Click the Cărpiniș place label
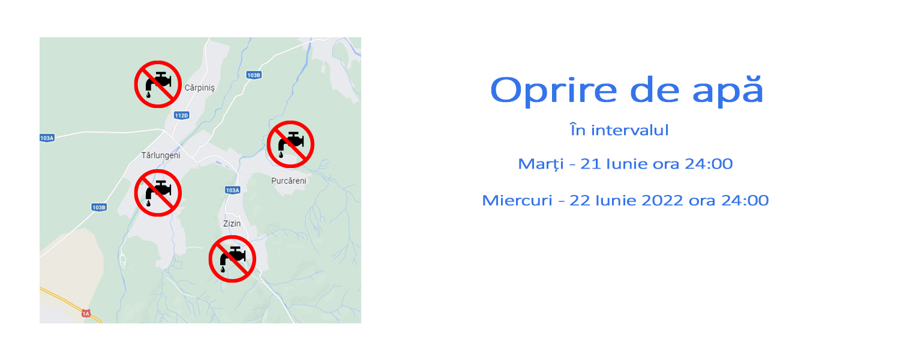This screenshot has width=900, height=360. coord(200,88)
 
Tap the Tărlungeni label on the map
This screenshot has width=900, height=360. coord(161,155)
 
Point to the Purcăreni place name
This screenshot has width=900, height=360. coord(289,181)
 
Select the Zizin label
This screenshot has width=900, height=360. coord(232,223)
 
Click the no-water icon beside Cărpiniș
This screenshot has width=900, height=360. coord(158,85)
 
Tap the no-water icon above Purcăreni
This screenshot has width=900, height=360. coord(290,144)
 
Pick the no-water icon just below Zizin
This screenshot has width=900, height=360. coord(232,259)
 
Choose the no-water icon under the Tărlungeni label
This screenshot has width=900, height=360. coord(158,193)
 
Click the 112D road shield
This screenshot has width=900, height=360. coord(182,116)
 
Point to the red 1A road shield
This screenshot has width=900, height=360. coord(86,313)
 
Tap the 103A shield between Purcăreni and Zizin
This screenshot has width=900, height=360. coord(233,190)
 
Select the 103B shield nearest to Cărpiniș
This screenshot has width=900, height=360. coord(254,75)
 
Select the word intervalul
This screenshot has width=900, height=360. coord(629,131)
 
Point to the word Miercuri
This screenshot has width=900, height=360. coord(517,200)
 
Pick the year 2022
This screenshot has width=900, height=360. coord(662,200)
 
